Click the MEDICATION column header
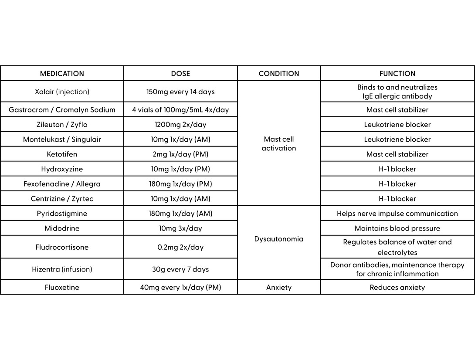pyautogui.click(x=62, y=74)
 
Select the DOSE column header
pyautogui.click(x=180, y=74)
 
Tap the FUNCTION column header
pyautogui.click(x=397, y=74)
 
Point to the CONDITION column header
pyautogui.click(x=279, y=74)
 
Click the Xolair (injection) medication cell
pyautogui.click(x=62, y=92)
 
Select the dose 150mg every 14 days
pyautogui.click(x=180, y=92)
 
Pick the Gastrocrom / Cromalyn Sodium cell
pyautogui.click(x=62, y=110)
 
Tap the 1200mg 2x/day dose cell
pyautogui.click(x=180, y=125)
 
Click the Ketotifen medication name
pyautogui.click(x=62, y=154)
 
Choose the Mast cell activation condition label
pyautogui.click(x=279, y=144)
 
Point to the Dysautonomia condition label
pyautogui.click(x=279, y=239)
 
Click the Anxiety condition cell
pyautogui.click(x=279, y=288)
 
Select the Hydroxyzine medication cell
pyautogui.click(x=62, y=169)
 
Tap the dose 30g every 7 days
pyautogui.click(x=180, y=269)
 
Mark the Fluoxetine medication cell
pyautogui.click(x=62, y=288)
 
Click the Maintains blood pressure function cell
pyautogui.click(x=397, y=228)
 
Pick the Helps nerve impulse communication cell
pyautogui.click(x=397, y=214)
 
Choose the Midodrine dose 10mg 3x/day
pyautogui.click(x=180, y=228)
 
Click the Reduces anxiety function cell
pyautogui.click(x=397, y=288)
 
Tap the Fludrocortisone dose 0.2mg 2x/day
pyautogui.click(x=180, y=247)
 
